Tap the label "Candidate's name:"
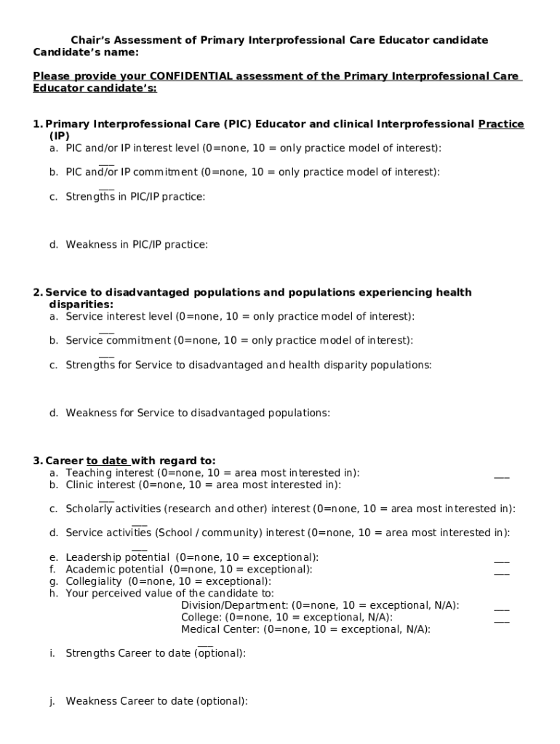tap(86, 52)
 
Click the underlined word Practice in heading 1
tap(501, 124)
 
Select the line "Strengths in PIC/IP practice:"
tap(135, 196)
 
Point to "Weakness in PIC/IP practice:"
tap(137, 245)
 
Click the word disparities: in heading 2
tap(81, 304)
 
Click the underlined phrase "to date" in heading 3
tap(108, 461)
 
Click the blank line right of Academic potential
tap(502, 574)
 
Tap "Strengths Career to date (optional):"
tap(156, 653)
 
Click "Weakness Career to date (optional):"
tap(156, 701)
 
